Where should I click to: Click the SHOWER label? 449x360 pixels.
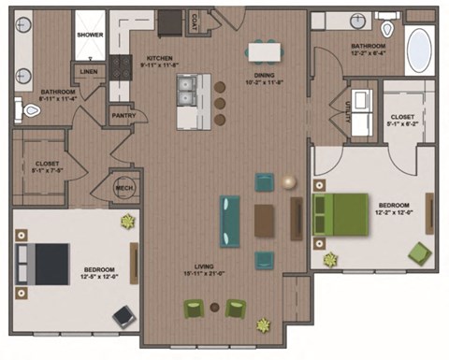[x=90, y=35]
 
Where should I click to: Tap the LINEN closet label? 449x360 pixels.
[x=89, y=71]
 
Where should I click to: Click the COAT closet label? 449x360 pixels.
[x=194, y=19]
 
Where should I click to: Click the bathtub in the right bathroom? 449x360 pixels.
[x=418, y=46]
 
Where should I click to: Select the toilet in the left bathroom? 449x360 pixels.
[x=30, y=110]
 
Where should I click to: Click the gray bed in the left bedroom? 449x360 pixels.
[x=45, y=263]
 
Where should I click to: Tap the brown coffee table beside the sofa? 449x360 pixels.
[x=265, y=221]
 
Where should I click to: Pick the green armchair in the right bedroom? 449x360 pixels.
[x=420, y=252]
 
